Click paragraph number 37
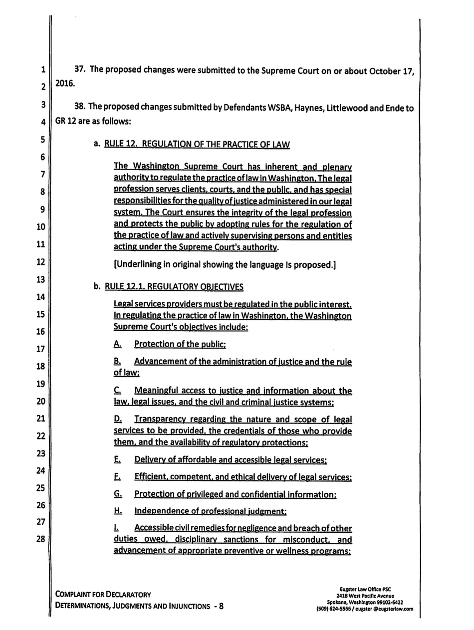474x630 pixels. point(81,70)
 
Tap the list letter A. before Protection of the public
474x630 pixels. point(118,344)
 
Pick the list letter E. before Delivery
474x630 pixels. point(118,459)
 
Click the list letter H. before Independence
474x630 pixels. point(118,511)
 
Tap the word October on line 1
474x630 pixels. point(384,70)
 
